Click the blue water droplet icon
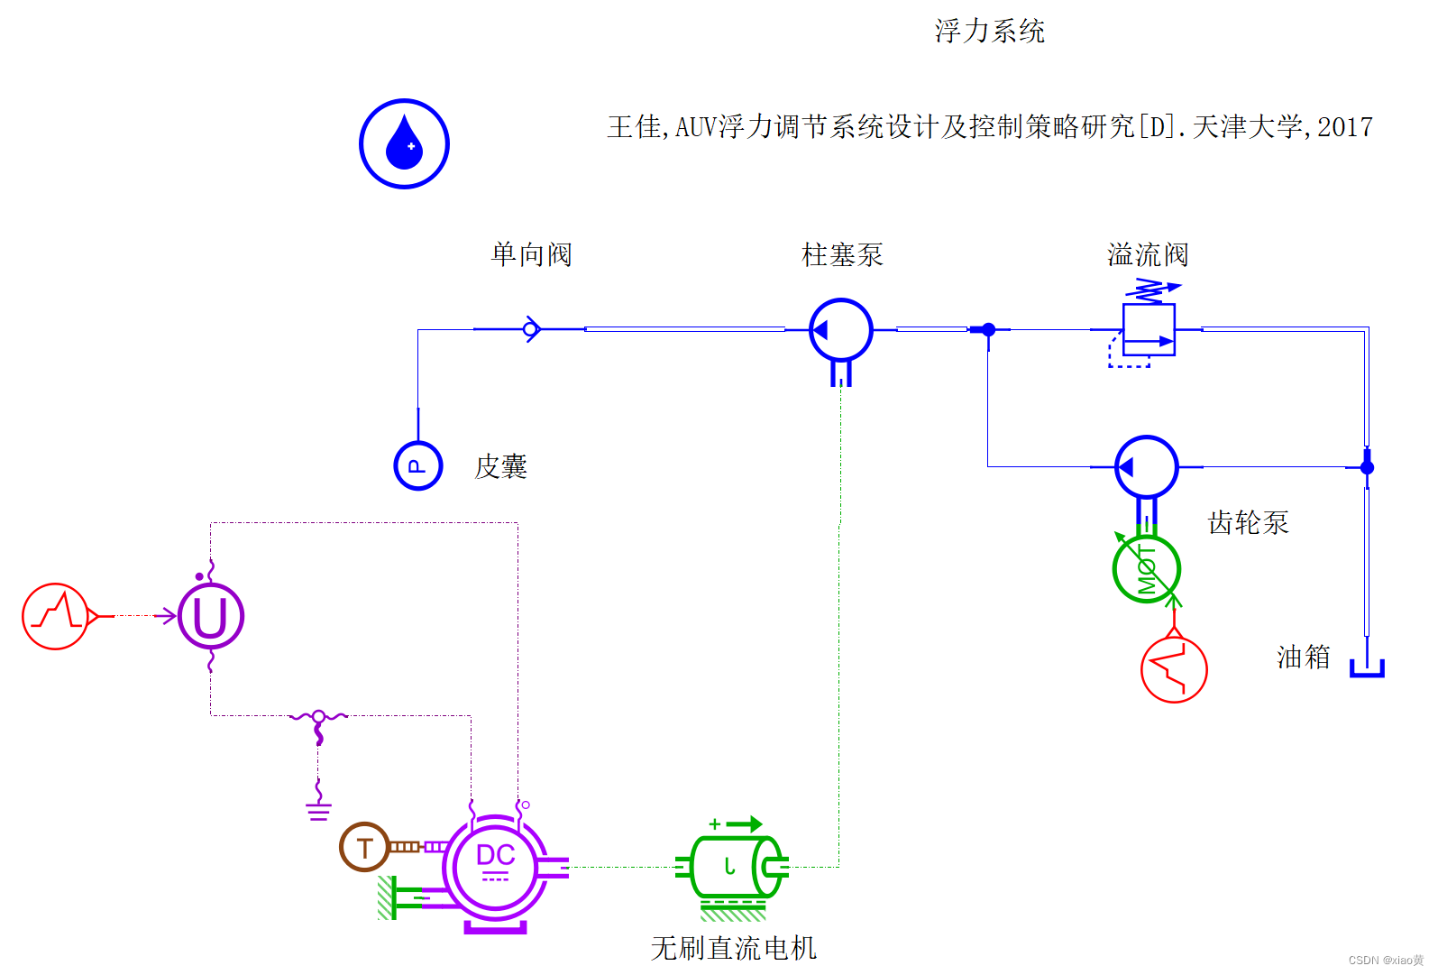click(404, 143)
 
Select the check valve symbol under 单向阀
click(531, 329)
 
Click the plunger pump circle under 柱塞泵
click(840, 330)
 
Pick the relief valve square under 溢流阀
click(1149, 329)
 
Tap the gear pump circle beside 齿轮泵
click(1146, 467)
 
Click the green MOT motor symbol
click(1146, 569)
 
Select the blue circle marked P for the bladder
click(417, 465)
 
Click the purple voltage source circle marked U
click(211, 616)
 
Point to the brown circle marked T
click(364, 847)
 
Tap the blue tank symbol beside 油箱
click(1367, 668)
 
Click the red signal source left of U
click(56, 616)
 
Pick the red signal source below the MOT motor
click(1174, 669)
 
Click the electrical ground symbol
click(318, 809)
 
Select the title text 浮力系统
click(989, 32)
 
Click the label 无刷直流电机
click(733, 948)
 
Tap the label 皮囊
click(500, 466)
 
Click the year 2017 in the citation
click(1344, 127)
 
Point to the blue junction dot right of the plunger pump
click(988, 330)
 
